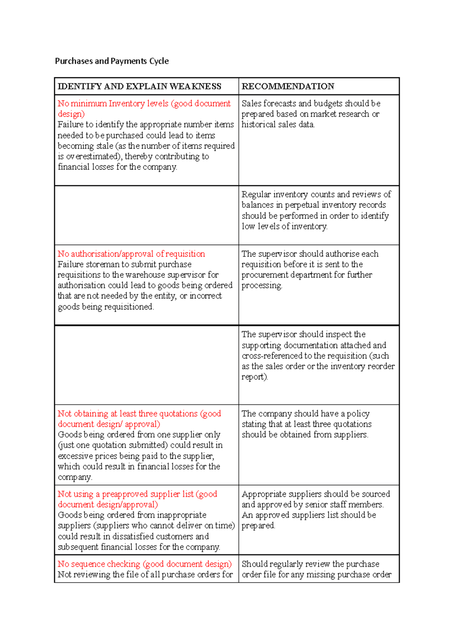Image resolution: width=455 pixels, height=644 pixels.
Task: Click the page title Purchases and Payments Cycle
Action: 112,61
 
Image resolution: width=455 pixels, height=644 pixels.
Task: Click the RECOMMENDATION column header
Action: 288,86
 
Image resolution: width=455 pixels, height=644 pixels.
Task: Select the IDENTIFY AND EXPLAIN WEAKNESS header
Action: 139,86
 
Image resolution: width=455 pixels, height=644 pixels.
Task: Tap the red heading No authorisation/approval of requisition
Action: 131,254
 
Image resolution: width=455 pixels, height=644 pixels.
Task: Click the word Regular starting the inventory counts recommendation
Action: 256,195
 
